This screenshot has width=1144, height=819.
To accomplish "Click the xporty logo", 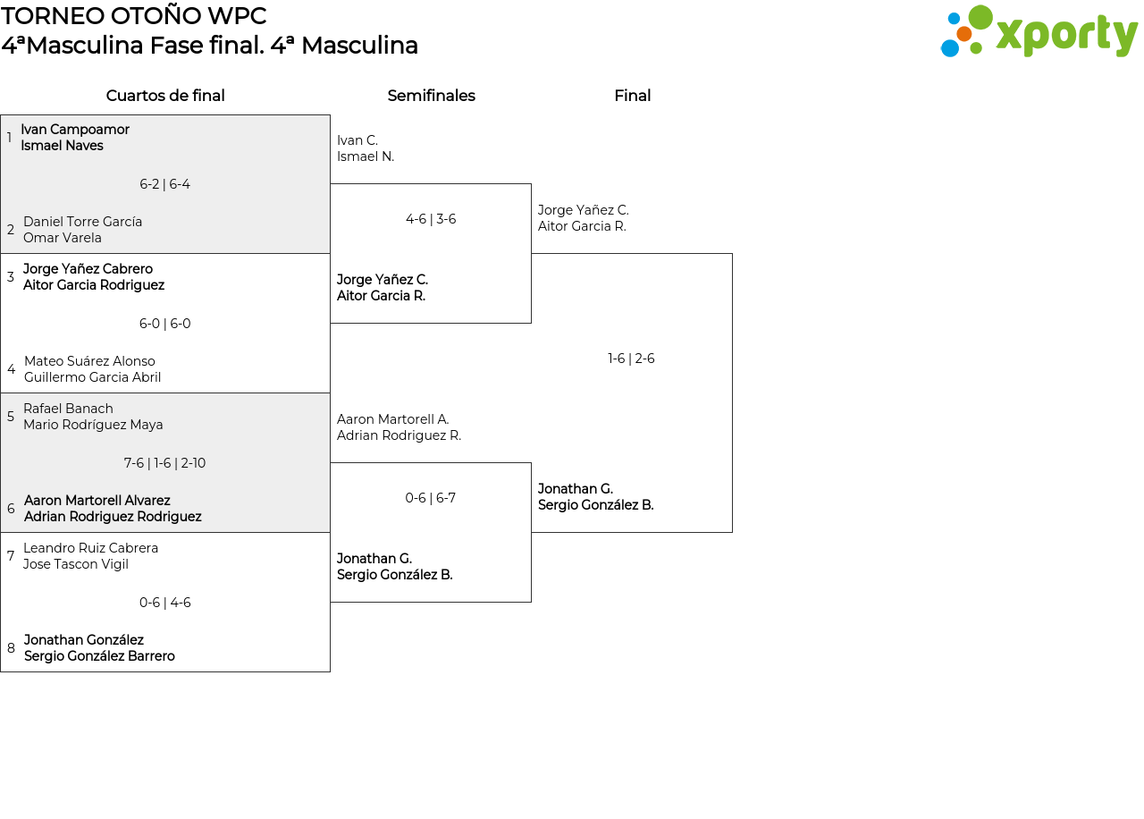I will point(1039,32).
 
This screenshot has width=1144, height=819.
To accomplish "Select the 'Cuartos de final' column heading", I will point(165,96).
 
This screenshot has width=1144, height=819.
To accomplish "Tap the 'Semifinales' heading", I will point(431,96).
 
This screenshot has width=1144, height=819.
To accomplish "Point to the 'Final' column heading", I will point(632,96).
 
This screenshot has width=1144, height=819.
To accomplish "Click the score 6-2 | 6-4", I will point(164,184).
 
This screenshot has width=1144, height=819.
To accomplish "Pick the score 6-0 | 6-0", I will point(164,324).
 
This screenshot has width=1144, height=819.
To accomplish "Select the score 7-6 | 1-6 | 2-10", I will point(164,463).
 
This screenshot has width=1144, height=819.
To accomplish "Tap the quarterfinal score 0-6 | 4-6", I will point(164,603).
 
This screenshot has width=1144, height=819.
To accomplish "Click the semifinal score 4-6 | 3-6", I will point(431,219).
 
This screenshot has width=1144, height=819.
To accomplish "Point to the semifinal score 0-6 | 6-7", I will point(430,498).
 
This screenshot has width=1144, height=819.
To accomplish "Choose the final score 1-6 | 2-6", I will point(631,359).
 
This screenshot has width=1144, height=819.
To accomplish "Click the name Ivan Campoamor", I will point(75,130).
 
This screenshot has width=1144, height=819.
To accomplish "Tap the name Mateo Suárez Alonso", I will point(89,361).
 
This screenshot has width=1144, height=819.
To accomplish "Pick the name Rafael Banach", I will point(68,409).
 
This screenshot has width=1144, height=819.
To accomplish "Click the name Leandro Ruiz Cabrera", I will point(90,548).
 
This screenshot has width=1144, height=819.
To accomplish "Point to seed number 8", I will point(11,648).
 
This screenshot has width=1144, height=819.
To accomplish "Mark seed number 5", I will point(11,417).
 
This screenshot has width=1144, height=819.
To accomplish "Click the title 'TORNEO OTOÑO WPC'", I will point(133,16).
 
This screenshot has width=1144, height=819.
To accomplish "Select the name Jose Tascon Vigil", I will point(76,564).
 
